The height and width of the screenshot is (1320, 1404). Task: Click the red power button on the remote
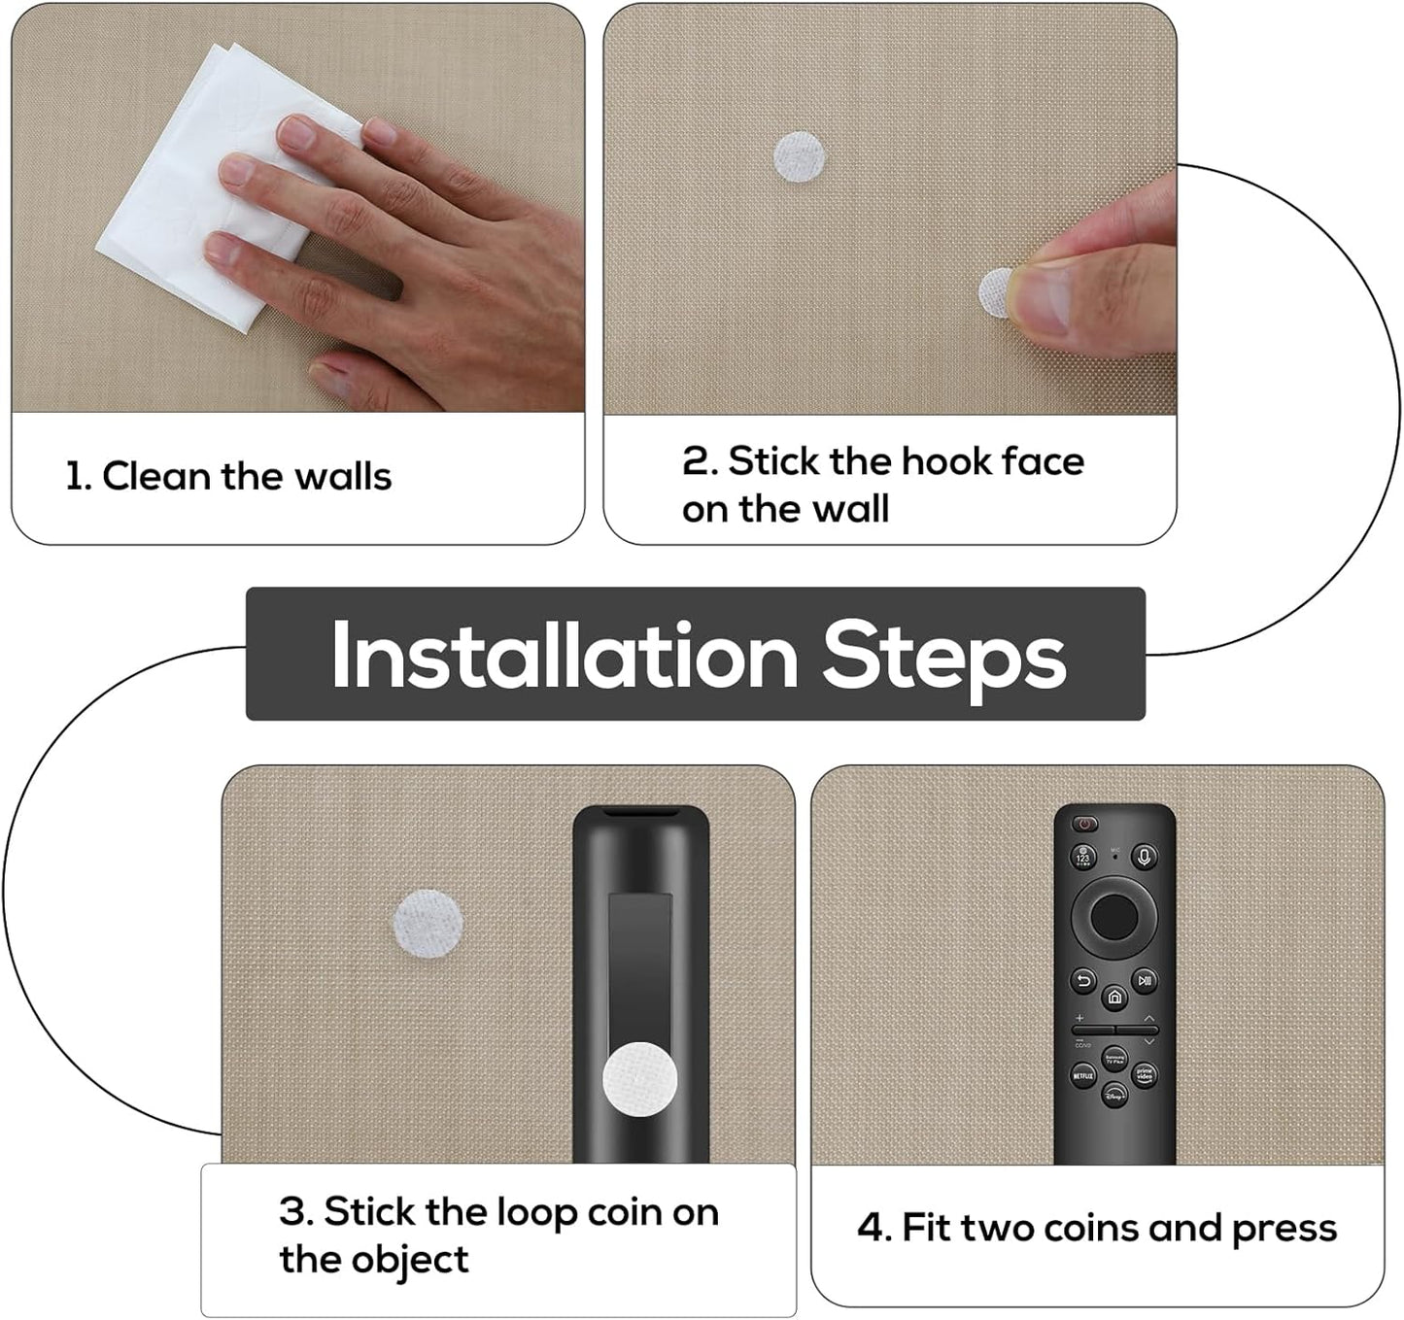tap(1084, 825)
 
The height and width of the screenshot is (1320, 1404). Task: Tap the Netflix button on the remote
tap(1082, 1076)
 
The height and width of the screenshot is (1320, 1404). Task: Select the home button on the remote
tap(1114, 998)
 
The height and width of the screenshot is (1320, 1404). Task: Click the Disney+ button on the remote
tap(1114, 1096)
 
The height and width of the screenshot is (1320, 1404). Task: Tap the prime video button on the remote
tap(1146, 1075)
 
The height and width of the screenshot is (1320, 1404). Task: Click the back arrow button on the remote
tap(1084, 981)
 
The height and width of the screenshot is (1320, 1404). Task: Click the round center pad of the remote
tap(1114, 915)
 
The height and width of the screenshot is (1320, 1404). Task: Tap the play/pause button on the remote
tap(1145, 981)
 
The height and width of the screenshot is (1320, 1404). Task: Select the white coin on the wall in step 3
tap(428, 923)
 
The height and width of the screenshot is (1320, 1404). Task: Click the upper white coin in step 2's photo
tap(800, 157)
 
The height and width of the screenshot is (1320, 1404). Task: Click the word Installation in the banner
tap(564, 657)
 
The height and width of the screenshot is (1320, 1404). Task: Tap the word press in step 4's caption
tap(1284, 1230)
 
